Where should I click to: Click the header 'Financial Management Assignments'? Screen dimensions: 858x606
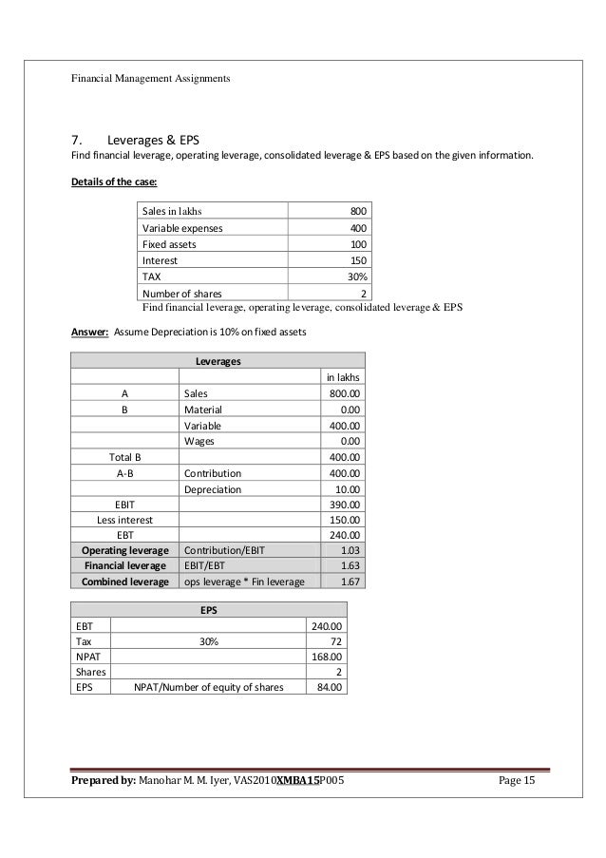click(x=151, y=77)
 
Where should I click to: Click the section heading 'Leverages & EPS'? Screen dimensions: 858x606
click(x=160, y=136)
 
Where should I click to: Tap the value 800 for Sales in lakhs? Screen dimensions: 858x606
click(x=359, y=211)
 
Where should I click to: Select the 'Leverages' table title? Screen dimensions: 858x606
click(x=218, y=361)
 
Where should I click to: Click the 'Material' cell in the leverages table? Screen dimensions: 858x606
click(x=203, y=410)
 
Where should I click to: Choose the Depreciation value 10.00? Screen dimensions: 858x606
click(x=343, y=489)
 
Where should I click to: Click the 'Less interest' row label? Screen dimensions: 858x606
click(x=124, y=520)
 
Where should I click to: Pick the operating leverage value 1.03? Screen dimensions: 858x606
click(x=350, y=550)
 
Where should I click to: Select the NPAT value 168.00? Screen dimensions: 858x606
click(x=329, y=657)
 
